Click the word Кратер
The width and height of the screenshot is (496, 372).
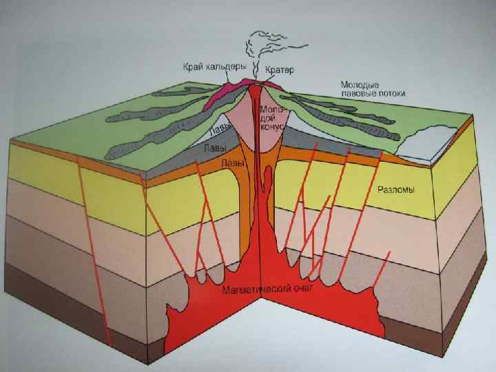pyautogui.click(x=279, y=71)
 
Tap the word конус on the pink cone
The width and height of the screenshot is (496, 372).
pyautogui.click(x=269, y=127)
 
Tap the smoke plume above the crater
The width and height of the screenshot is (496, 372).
pyautogui.click(x=256, y=45)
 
